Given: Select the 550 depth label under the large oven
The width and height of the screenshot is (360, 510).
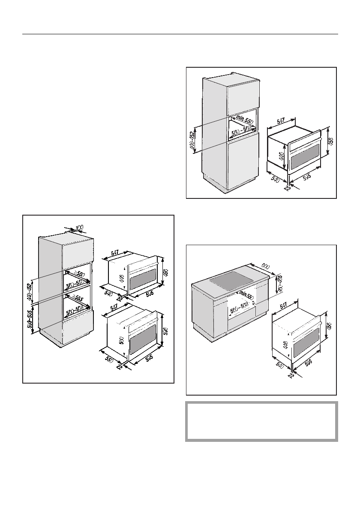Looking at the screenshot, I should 108,357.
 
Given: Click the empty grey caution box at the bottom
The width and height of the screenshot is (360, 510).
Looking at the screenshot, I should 261,421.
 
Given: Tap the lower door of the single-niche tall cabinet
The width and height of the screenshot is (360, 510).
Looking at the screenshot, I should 243,161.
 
